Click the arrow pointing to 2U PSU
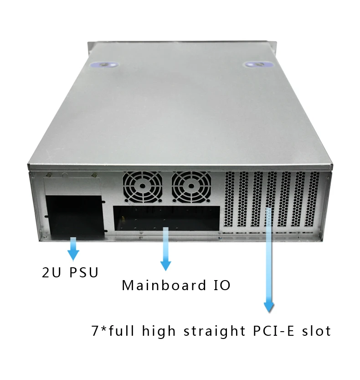(73, 249)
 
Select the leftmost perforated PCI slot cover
(229, 199)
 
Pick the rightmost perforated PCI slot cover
(314, 199)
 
